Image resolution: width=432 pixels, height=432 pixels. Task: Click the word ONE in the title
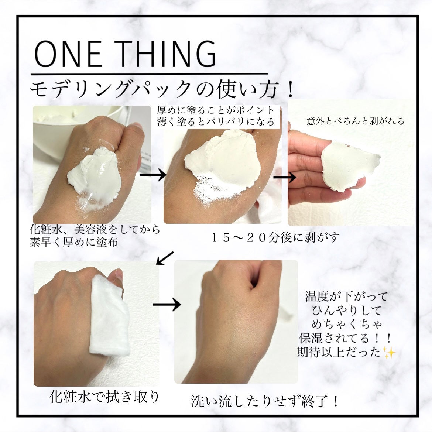click(68, 54)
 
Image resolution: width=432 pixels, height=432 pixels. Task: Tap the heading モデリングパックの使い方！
click(162, 89)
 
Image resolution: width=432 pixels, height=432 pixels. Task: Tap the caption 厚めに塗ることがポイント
click(216, 110)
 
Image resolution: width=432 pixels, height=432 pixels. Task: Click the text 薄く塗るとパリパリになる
click(216, 121)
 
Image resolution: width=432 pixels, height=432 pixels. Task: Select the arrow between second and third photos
click(285, 177)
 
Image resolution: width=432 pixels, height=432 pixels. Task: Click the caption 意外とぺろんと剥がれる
click(355, 121)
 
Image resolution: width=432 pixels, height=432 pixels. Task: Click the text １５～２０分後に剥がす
click(275, 237)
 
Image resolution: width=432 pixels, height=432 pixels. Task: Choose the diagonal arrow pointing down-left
click(165, 258)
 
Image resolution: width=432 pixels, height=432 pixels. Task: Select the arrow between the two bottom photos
click(166, 305)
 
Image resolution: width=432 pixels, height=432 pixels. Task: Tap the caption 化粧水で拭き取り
click(104, 397)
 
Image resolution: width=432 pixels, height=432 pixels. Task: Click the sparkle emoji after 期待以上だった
click(389, 352)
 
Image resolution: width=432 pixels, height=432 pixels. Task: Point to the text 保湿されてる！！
click(346, 338)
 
